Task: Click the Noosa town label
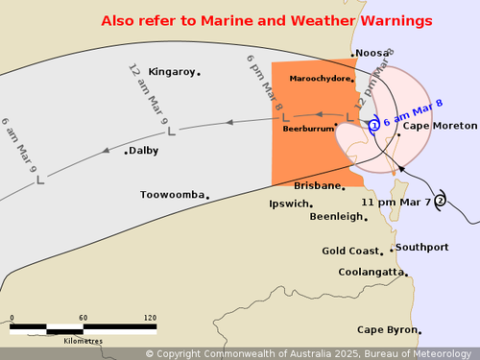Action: point(370,54)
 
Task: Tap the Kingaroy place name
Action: point(172,72)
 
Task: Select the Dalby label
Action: point(144,151)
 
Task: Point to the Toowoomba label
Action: point(173,195)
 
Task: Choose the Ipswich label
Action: point(288,204)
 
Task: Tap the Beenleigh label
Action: point(336,217)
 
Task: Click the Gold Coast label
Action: point(350,252)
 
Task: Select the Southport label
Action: point(421,248)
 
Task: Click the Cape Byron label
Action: point(388,330)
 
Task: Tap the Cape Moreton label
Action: point(440,126)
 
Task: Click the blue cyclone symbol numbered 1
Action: point(374,124)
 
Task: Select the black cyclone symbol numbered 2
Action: point(440,201)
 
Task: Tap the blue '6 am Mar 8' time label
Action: point(413,113)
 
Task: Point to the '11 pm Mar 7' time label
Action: point(396,203)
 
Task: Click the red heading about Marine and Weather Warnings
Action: point(266,20)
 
